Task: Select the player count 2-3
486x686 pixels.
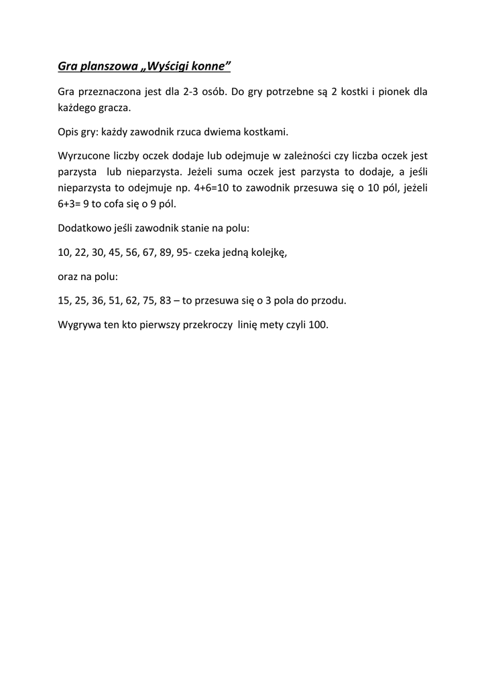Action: click(x=194, y=92)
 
